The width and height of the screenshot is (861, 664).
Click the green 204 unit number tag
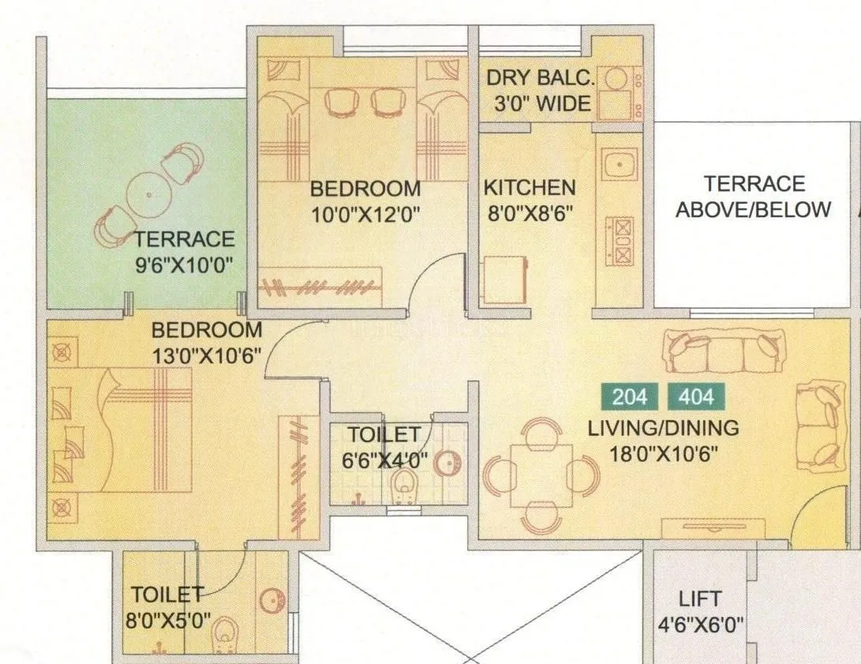pyautogui.click(x=630, y=396)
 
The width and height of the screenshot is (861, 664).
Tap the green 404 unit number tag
pyautogui.click(x=696, y=396)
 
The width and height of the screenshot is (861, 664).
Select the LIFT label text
pyautogui.click(x=700, y=598)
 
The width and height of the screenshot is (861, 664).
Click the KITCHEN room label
pyautogui.click(x=530, y=188)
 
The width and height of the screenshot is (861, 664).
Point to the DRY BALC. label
pyautogui.click(x=538, y=78)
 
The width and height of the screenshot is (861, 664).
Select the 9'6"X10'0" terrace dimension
pyautogui.click(x=184, y=264)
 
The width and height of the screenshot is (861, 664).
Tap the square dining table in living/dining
pyautogui.click(x=541, y=475)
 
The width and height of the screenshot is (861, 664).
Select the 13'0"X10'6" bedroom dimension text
pyautogui.click(x=207, y=355)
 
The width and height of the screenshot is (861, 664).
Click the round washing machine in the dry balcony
pyautogui.click(x=615, y=79)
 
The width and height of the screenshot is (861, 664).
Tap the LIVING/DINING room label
pyautogui.click(x=663, y=428)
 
